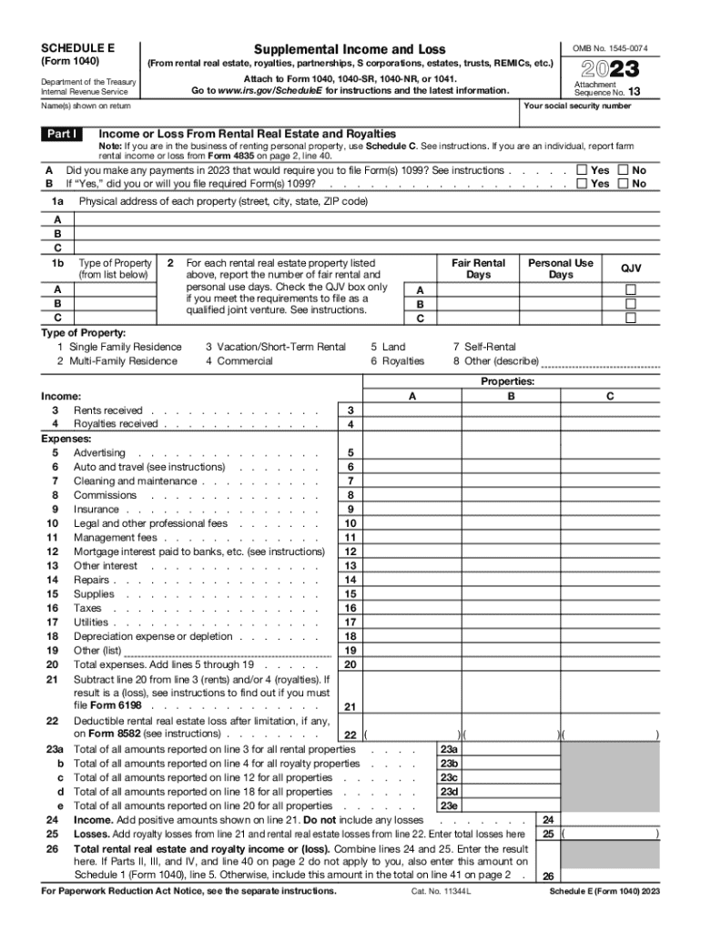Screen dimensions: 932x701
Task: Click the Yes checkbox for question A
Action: [583, 170]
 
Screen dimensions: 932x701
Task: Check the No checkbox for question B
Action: [624, 184]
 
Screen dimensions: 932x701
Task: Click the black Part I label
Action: [64, 135]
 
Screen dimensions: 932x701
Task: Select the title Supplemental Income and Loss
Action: [350, 48]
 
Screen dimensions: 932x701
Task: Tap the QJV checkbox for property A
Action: [630, 290]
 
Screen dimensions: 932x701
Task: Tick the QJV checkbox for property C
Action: [630, 319]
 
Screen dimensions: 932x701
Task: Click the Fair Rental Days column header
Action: [478, 268]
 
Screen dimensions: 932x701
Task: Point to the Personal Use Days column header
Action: [561, 268]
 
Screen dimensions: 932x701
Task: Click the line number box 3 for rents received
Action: [350, 410]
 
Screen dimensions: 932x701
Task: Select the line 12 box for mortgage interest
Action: [350, 552]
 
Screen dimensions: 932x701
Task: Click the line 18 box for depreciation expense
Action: [350, 636]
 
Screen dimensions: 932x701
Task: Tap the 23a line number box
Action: [448, 750]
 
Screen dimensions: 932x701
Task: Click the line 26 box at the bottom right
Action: [548, 876]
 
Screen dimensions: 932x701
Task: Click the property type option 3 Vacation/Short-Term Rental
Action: [276, 347]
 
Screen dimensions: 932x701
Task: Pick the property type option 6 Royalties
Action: [397, 361]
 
